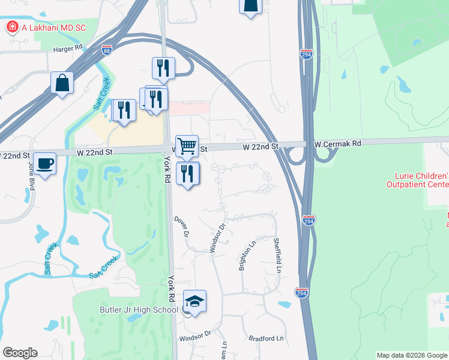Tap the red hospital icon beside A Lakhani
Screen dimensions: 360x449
11,27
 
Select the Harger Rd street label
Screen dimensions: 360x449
67,48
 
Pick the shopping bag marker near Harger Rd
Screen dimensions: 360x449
62,83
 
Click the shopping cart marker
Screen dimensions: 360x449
187,146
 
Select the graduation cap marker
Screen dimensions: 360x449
194,301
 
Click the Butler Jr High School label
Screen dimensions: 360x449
139,310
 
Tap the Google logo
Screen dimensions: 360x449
20,353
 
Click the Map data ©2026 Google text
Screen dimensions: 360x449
411,355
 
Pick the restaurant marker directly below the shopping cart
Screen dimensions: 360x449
188,174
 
